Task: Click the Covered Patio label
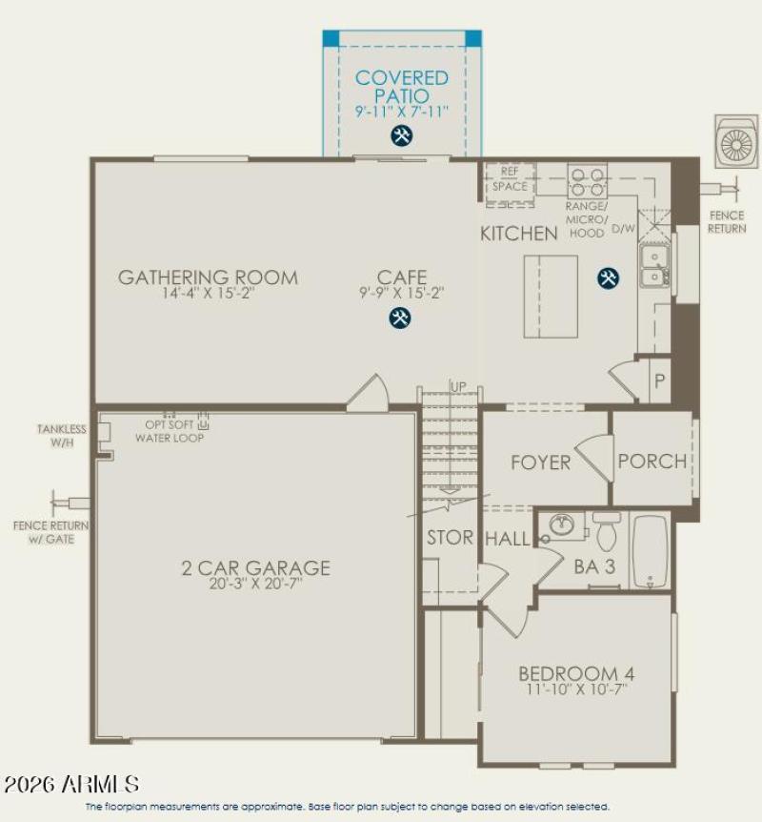tap(401, 87)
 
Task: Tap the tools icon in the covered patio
tap(401, 136)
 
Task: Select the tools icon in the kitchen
tap(608, 277)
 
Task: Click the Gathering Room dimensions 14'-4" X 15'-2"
tap(208, 295)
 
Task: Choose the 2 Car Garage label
tap(256, 568)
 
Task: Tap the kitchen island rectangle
tap(550, 296)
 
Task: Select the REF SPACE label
tap(510, 180)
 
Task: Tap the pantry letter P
tap(657, 379)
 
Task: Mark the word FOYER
tap(540, 462)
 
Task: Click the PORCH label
tap(652, 462)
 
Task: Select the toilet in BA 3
tap(606, 529)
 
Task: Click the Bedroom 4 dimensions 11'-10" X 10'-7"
tap(573, 688)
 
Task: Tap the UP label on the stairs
tap(458, 387)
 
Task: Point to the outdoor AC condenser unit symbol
tap(736, 143)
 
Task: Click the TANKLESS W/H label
tap(62, 435)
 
